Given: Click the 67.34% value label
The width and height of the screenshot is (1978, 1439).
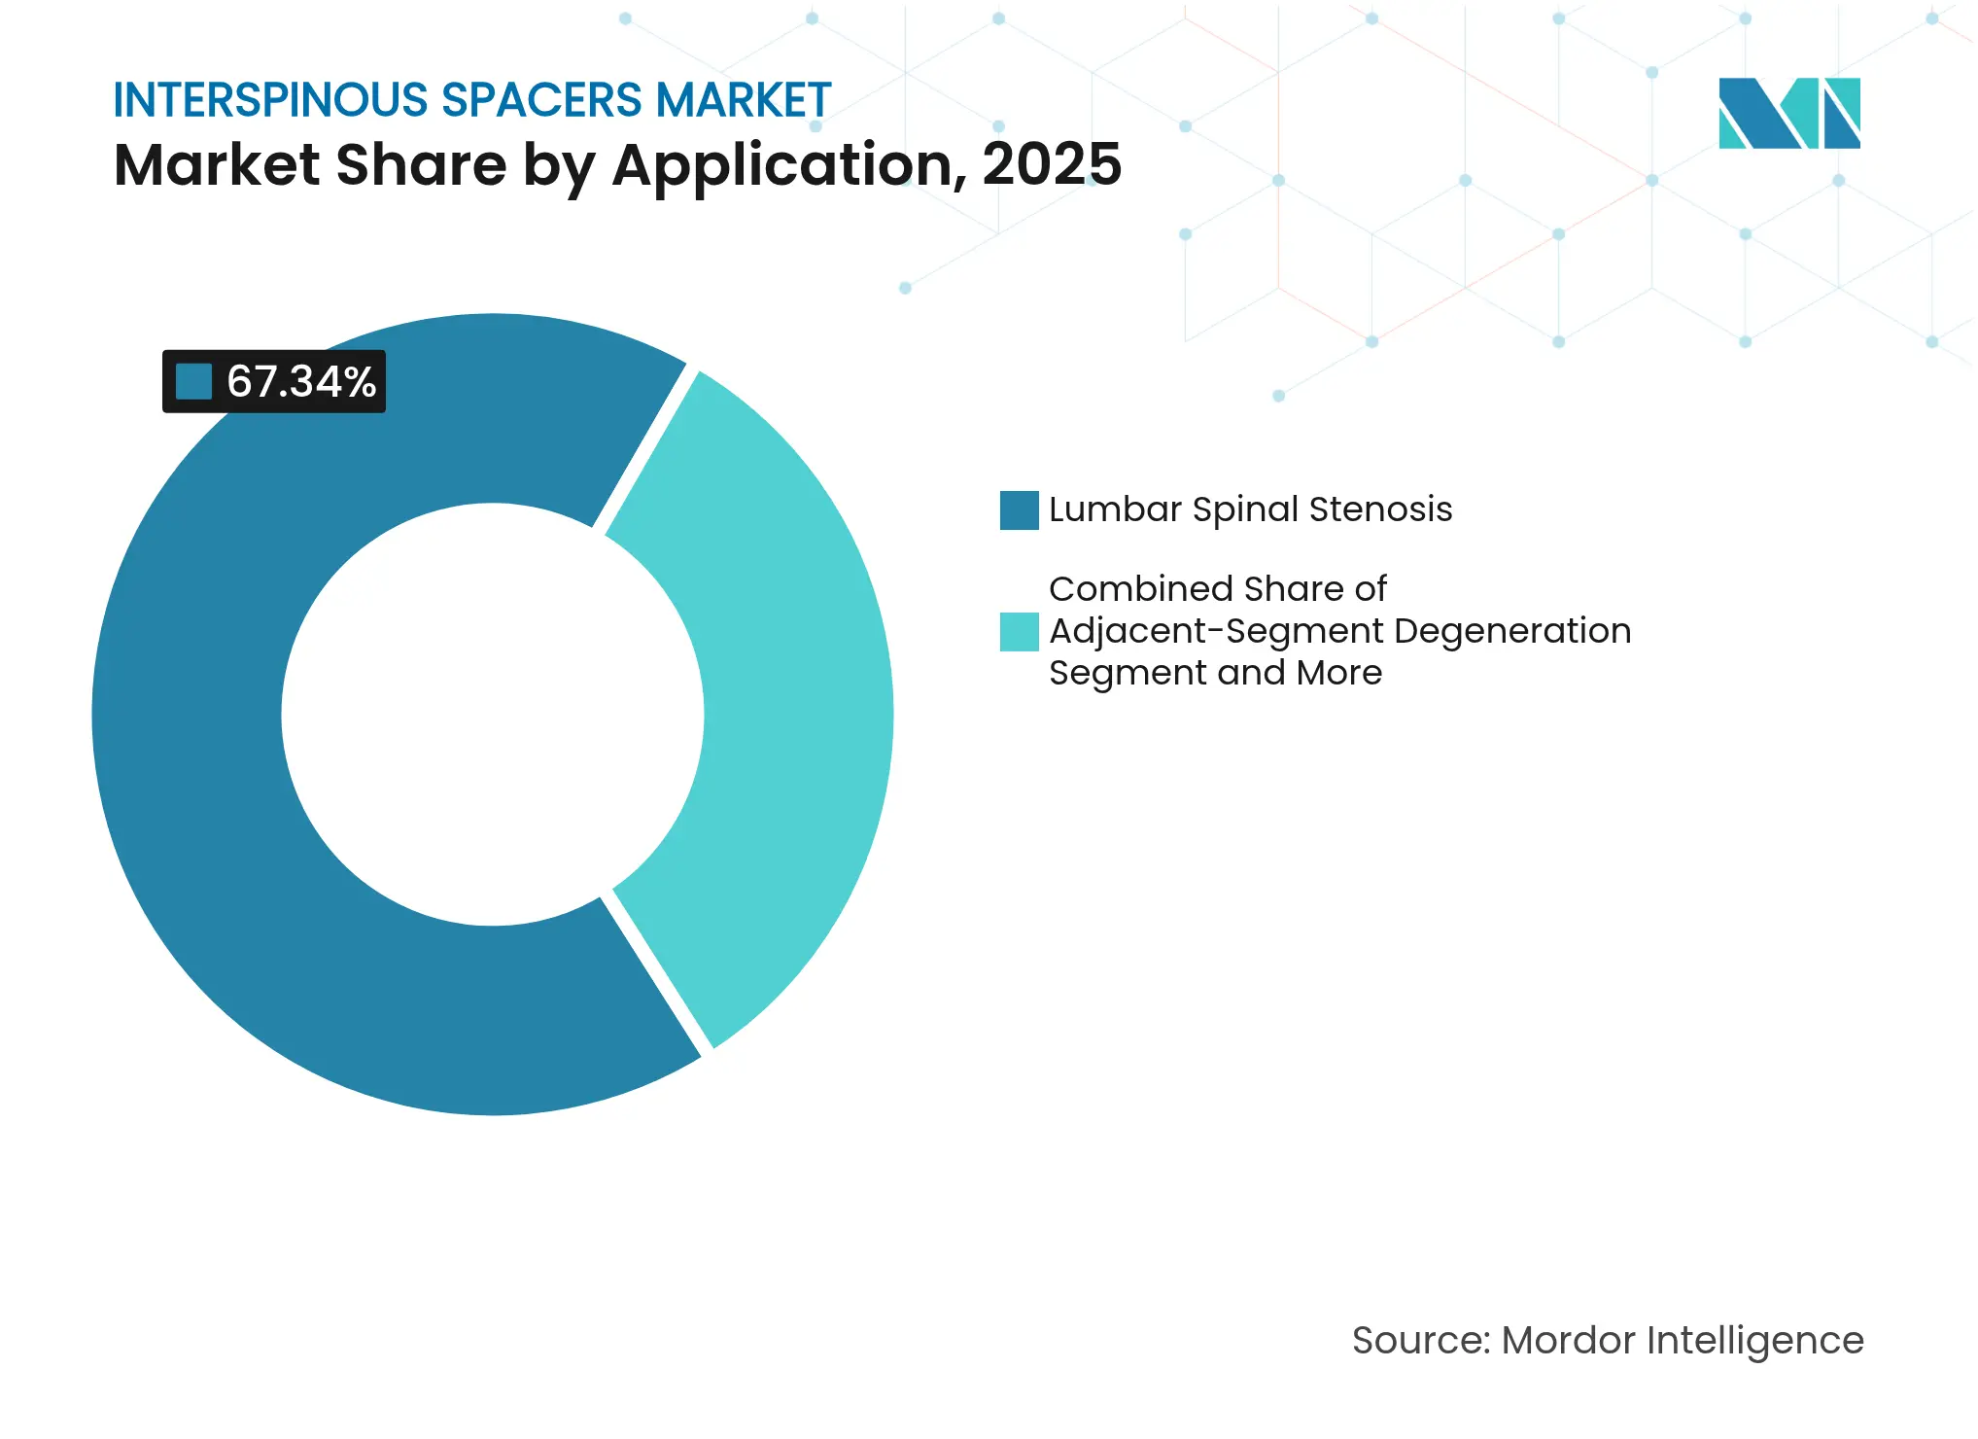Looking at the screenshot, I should pyautogui.click(x=300, y=382).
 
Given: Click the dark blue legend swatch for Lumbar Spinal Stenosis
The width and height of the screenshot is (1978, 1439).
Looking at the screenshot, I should pyautogui.click(x=1019, y=510).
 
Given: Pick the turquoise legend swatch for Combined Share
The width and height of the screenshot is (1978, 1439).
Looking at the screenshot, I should pyautogui.click(x=1019, y=632).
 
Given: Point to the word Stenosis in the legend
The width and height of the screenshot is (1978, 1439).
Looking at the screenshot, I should pyautogui.click(x=1380, y=509).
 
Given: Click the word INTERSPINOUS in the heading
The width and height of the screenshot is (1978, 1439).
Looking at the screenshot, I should pyautogui.click(x=270, y=100).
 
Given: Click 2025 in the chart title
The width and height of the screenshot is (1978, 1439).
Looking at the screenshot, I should pyautogui.click(x=1052, y=164).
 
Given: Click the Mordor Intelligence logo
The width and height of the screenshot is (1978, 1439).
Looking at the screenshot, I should pyautogui.click(x=1788, y=113).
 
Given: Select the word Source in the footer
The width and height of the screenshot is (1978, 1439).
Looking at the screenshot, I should pyautogui.click(x=1420, y=1341).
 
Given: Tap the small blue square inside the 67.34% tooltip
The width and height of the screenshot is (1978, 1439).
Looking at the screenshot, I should pyautogui.click(x=193, y=382).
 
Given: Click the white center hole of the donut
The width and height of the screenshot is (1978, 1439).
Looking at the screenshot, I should pyautogui.click(x=492, y=715).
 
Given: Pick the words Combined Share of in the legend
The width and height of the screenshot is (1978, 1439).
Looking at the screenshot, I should pyautogui.click(x=1217, y=589).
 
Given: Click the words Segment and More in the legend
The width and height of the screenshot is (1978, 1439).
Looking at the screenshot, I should pyautogui.click(x=1215, y=673).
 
